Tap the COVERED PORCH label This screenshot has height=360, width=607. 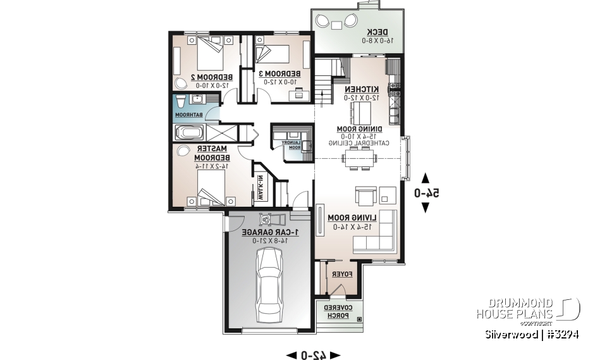click(x=336, y=311)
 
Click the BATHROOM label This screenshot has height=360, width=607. click(x=188, y=115)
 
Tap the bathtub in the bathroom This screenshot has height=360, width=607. click(x=189, y=133)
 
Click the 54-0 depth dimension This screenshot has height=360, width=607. click(x=426, y=193)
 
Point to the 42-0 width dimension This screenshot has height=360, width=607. click(x=313, y=355)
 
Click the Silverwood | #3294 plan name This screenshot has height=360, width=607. click(x=532, y=334)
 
